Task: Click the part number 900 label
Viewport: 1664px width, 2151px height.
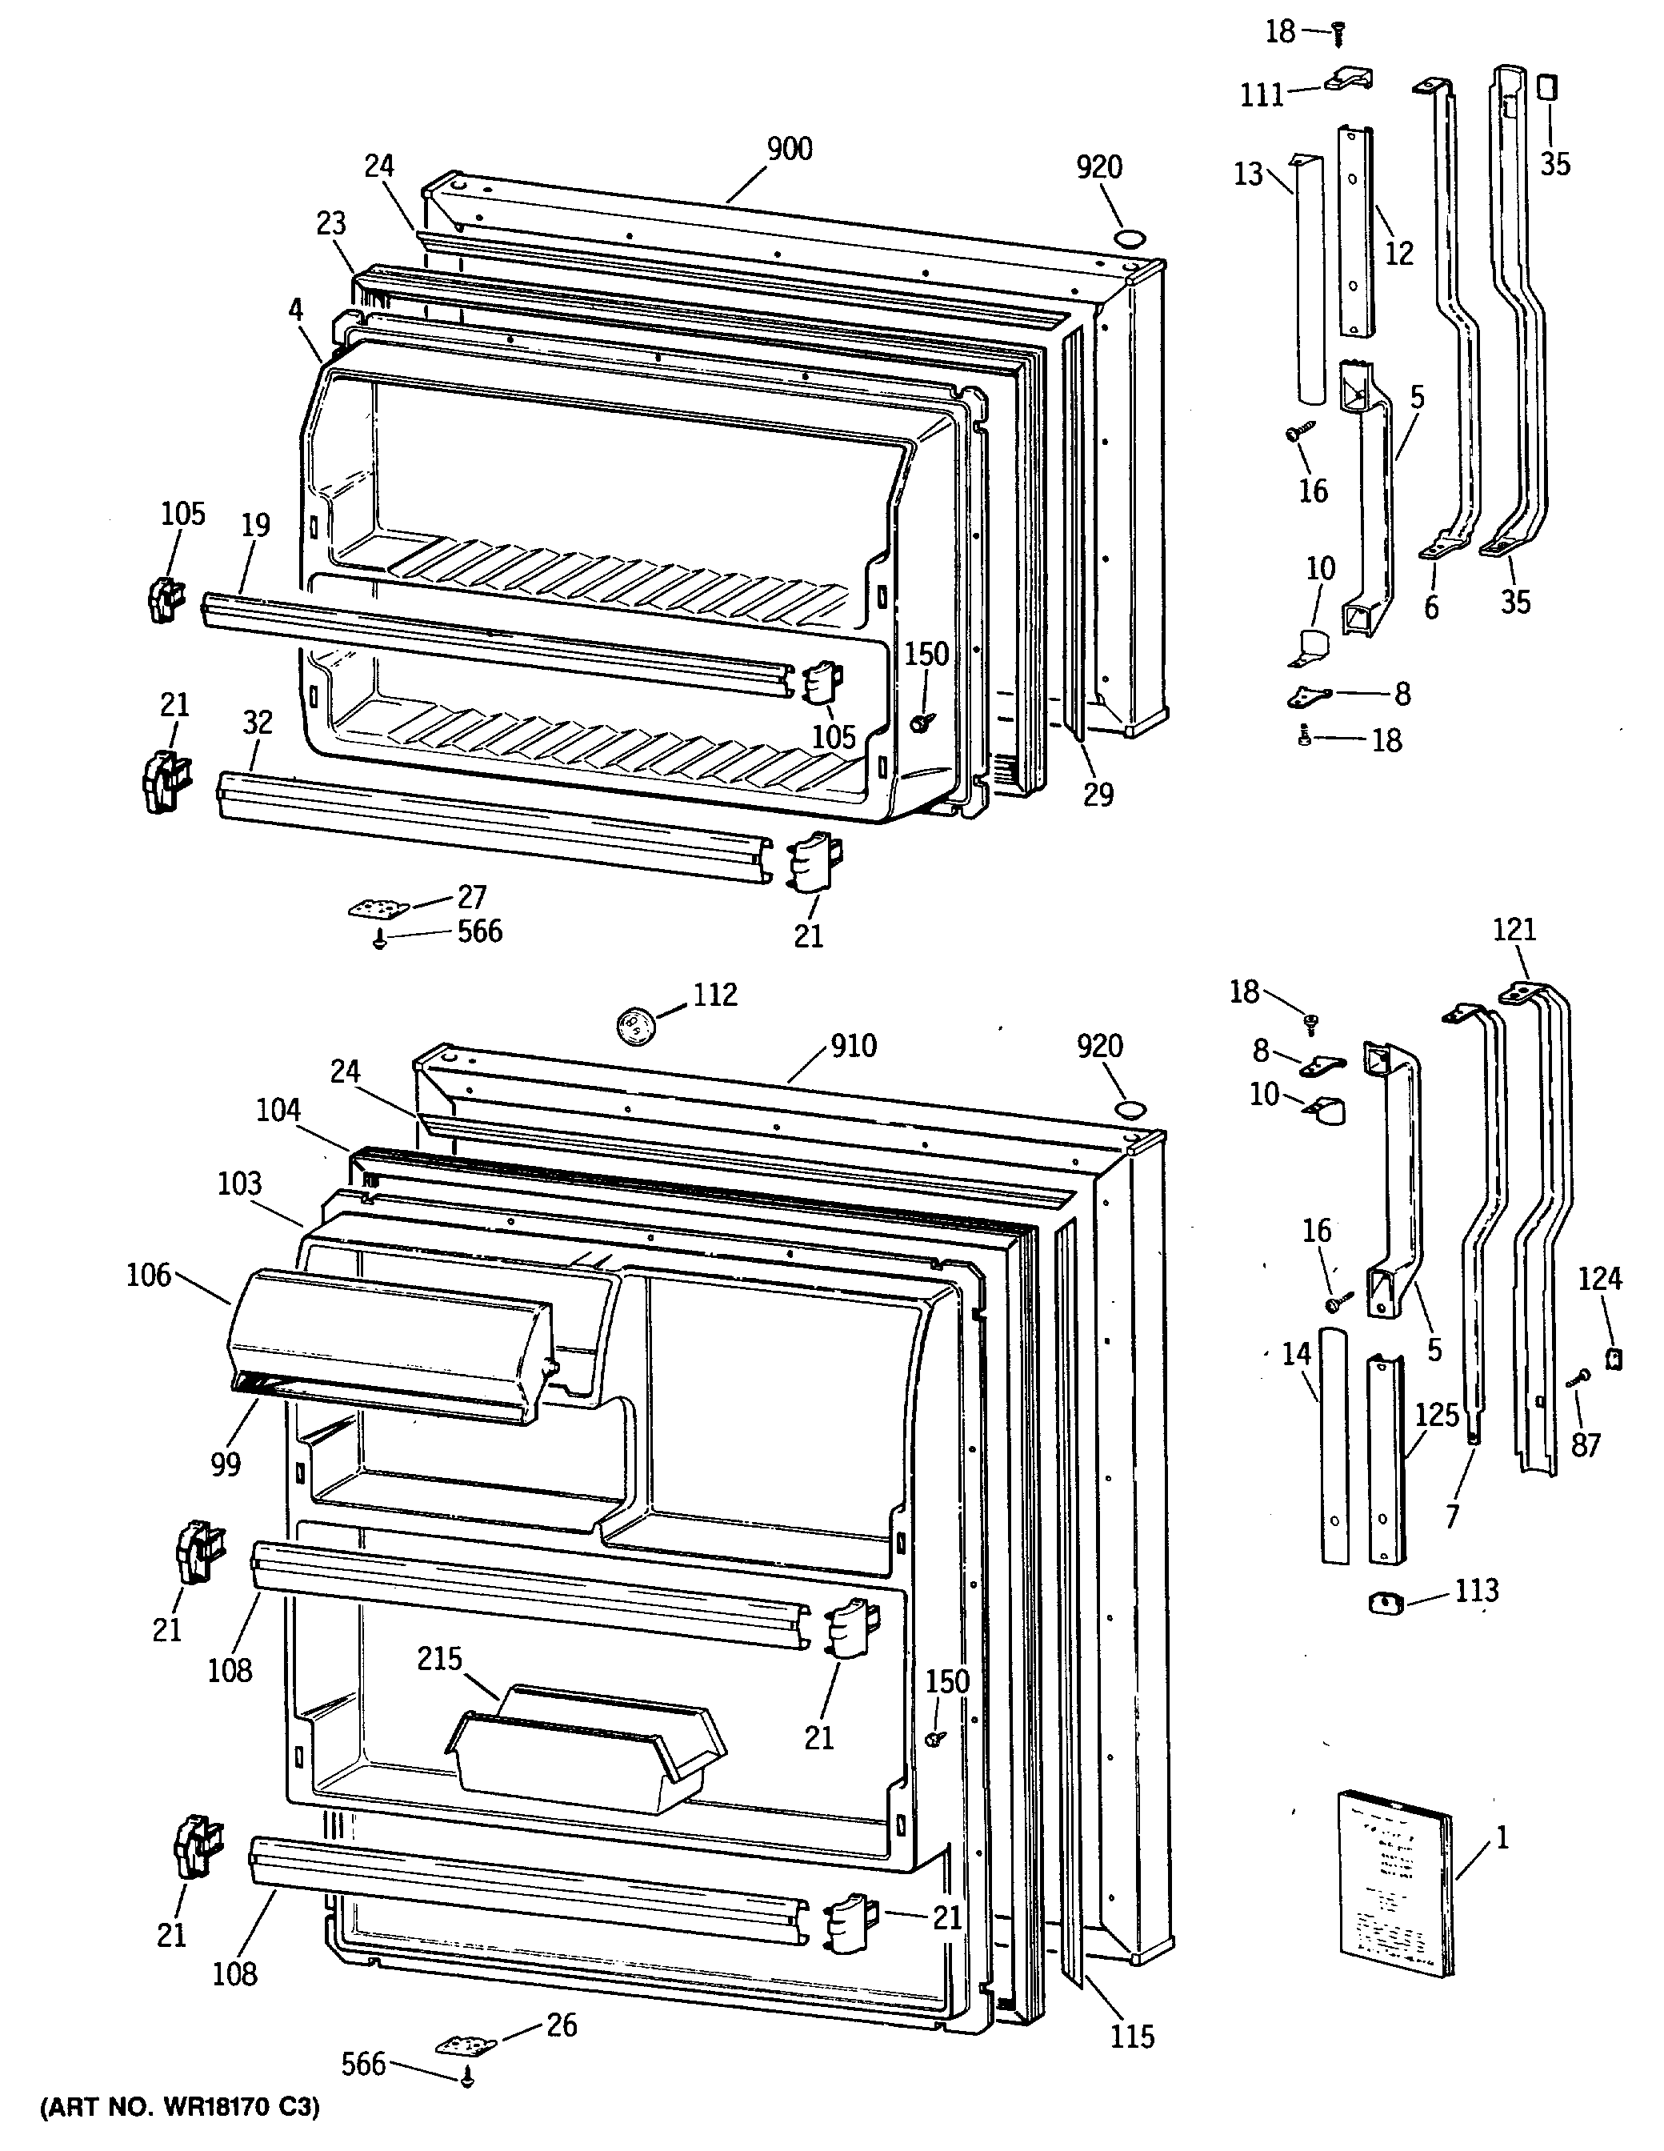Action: point(789,150)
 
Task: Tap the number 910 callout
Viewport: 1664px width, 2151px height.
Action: point(853,1046)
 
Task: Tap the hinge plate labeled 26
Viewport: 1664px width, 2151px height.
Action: point(466,2045)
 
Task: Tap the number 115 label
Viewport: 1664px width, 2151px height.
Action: point(1131,2036)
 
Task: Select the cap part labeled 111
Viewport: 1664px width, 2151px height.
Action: point(1347,80)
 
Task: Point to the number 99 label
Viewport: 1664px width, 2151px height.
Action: point(226,1464)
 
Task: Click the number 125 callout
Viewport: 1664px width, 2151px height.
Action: point(1437,1416)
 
